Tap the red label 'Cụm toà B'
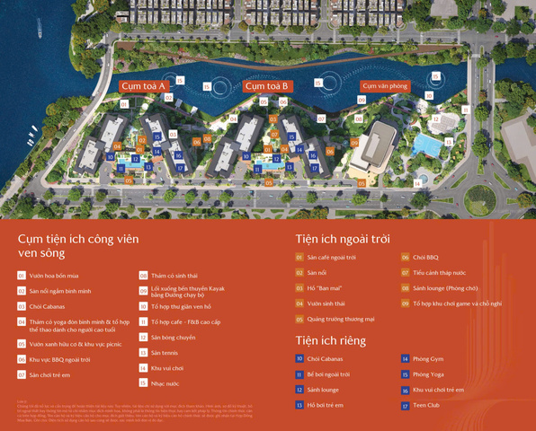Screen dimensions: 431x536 pyautogui.click(x=266, y=86)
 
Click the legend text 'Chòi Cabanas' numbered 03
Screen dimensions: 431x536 pyautogui.click(x=48, y=306)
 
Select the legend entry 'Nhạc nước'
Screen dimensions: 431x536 pyautogui.click(x=165, y=383)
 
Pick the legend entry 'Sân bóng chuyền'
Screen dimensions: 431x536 pyautogui.click(x=173, y=338)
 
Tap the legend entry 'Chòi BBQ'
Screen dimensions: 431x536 pyautogui.click(x=426, y=258)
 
